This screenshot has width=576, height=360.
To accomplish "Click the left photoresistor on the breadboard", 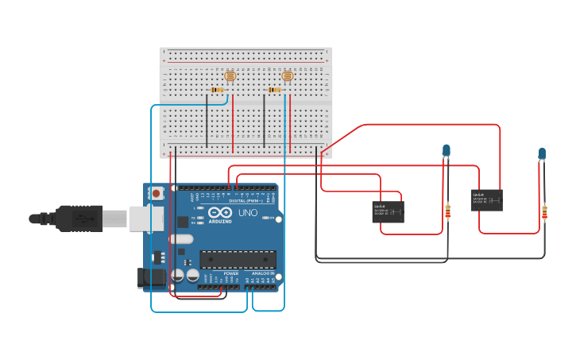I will pyautogui.click(x=230, y=77).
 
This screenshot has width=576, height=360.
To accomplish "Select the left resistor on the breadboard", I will pyautogui.click(x=217, y=90).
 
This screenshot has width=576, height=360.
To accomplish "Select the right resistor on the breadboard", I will pyautogui.click(x=275, y=90).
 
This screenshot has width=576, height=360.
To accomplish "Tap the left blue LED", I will pyautogui.click(x=446, y=150).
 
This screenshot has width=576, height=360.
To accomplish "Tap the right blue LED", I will pyautogui.click(x=542, y=153).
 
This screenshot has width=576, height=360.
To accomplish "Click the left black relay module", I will pyautogui.click(x=388, y=211).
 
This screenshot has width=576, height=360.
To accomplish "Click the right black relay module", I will pyautogui.click(x=486, y=199).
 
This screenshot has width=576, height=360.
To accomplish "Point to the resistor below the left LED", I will pyautogui.click(x=447, y=211).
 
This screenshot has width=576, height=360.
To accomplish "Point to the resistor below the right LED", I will pyautogui.click(x=544, y=212).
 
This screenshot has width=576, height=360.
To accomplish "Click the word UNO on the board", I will pyautogui.click(x=248, y=213).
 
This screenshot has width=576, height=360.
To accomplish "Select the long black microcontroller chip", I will pyautogui.click(x=238, y=259).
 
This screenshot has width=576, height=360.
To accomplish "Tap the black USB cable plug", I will pyautogui.click(x=79, y=218).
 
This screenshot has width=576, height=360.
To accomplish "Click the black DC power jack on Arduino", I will pyautogui.click(x=151, y=277).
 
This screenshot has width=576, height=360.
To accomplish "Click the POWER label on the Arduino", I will pyautogui.click(x=230, y=273).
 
